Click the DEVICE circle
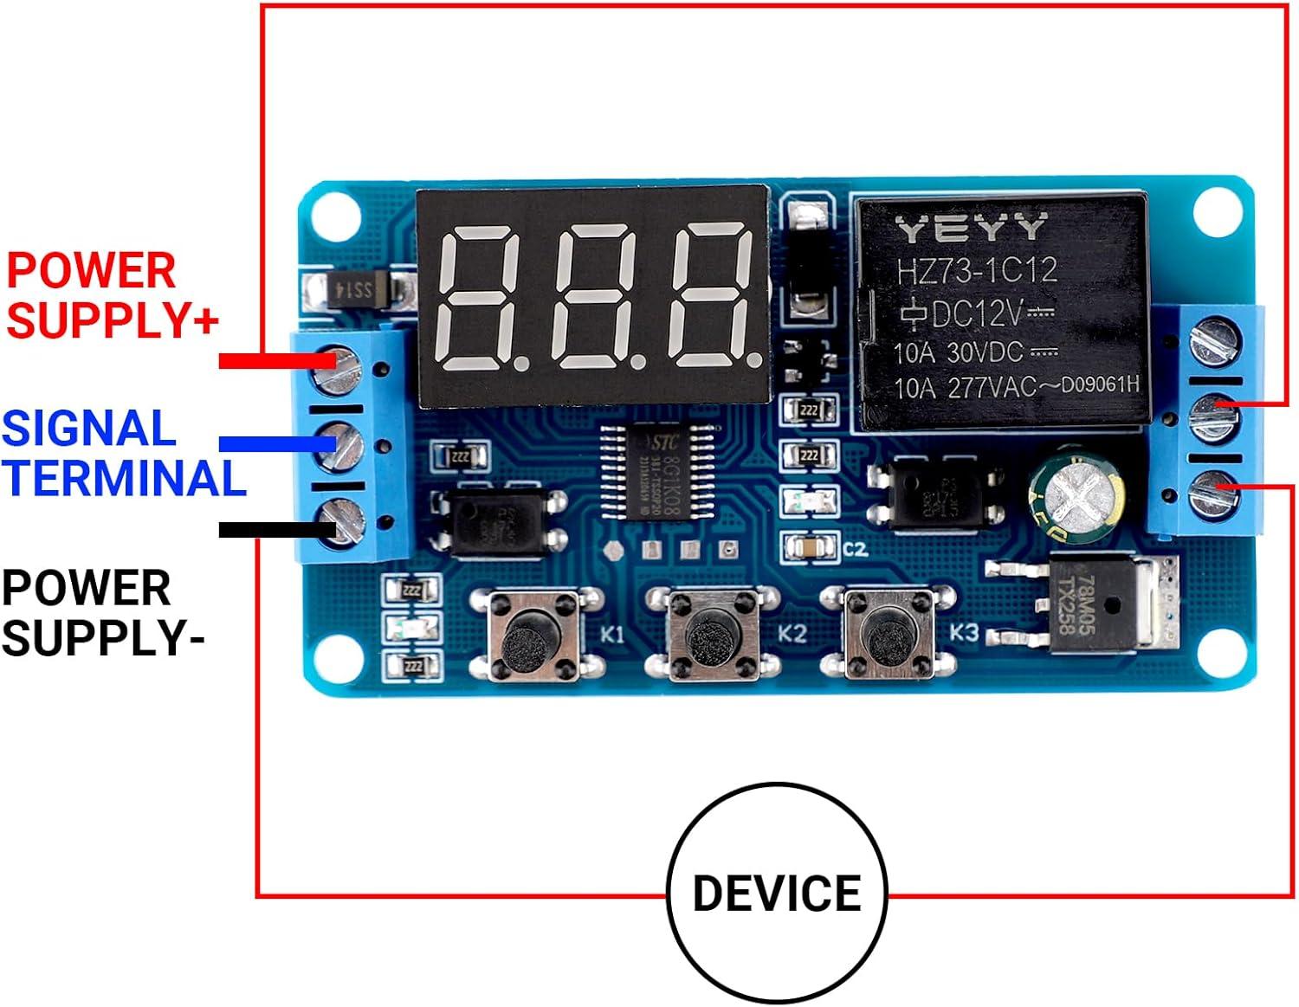(x=777, y=893)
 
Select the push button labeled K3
(x=889, y=636)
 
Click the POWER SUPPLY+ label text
(x=111, y=295)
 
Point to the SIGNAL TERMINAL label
(x=123, y=454)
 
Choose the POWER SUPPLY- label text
(x=102, y=613)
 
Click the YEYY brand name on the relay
(x=971, y=229)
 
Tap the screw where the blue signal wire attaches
(x=341, y=443)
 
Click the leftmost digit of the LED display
(x=477, y=297)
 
